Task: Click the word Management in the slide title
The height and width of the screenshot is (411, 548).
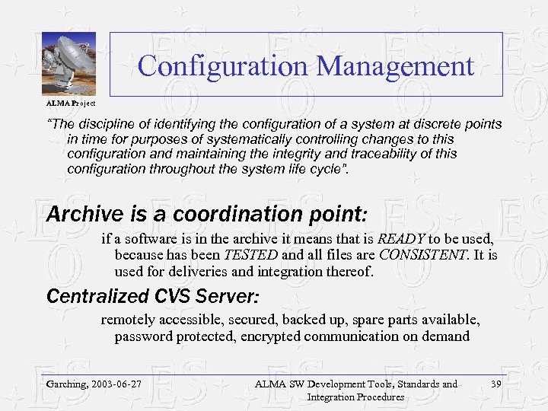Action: click(x=395, y=66)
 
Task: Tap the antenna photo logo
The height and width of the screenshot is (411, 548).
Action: click(x=68, y=64)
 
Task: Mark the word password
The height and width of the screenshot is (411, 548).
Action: click(x=143, y=336)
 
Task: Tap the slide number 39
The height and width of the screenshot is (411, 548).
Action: click(x=497, y=384)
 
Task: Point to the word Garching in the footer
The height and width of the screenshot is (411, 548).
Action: click(x=65, y=384)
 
